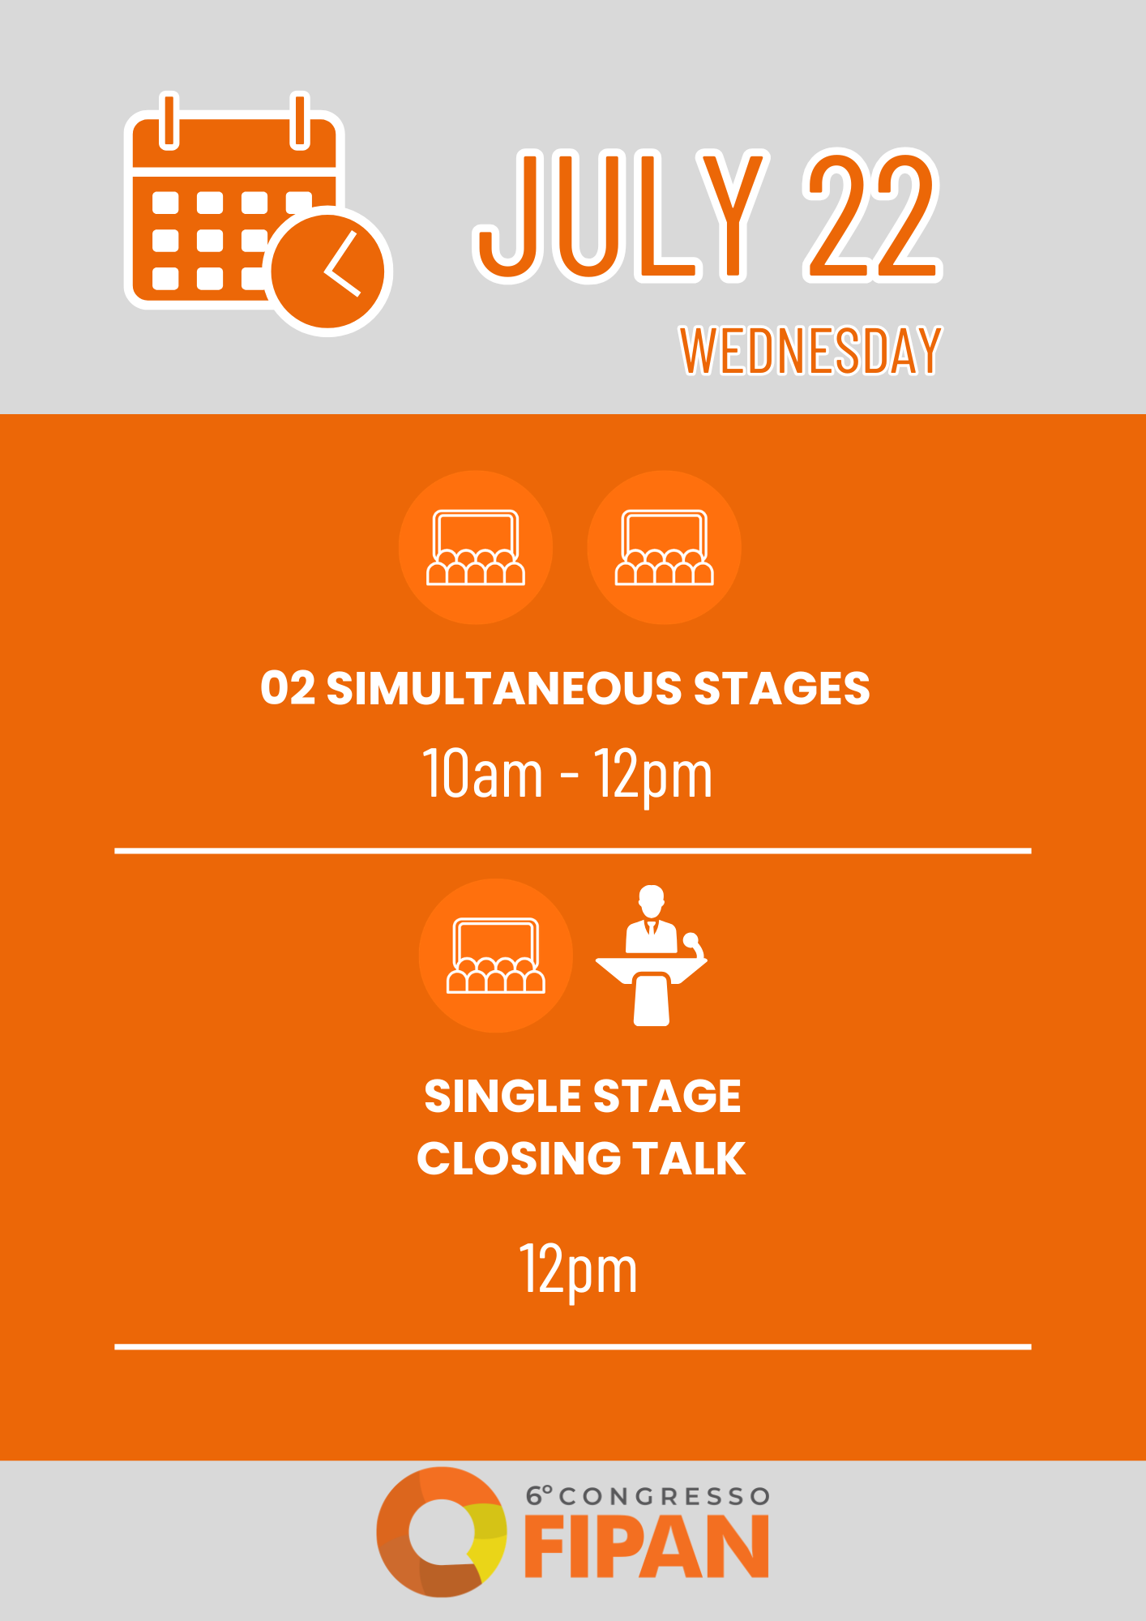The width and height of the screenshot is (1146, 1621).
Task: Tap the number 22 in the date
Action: click(x=873, y=215)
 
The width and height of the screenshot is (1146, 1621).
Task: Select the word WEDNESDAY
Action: click(x=810, y=351)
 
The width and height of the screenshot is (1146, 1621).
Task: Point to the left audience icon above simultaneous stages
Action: click(x=476, y=547)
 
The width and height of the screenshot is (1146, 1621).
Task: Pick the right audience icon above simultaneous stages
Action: click(x=665, y=547)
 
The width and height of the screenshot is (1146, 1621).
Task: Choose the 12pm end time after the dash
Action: click(x=653, y=776)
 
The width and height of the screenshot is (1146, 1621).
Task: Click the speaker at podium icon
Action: click(x=652, y=956)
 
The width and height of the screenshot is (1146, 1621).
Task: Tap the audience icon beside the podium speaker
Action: click(x=496, y=956)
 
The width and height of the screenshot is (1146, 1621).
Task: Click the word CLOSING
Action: click(x=519, y=1158)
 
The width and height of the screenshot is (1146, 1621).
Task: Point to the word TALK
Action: click(x=689, y=1158)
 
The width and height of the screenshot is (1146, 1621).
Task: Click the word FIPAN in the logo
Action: click(x=647, y=1547)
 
